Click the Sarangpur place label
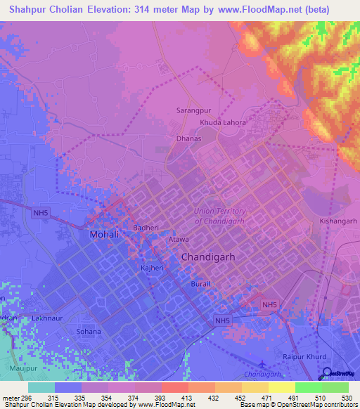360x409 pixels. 193,110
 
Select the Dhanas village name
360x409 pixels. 188,138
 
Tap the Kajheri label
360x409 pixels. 152,269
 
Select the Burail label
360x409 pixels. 200,284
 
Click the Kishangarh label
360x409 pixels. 337,221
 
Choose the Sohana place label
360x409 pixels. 89,331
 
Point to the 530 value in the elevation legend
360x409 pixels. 345,398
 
